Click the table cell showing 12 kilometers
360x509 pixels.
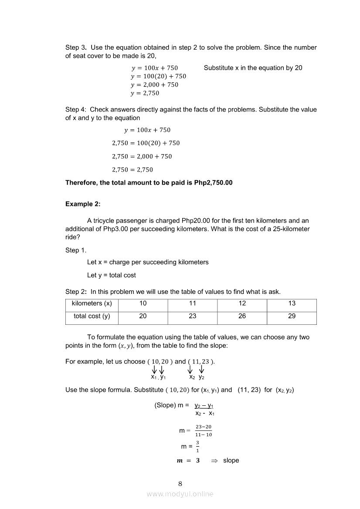pos(242,303)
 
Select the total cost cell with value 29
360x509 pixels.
pos(292,316)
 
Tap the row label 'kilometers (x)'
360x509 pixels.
pos(92,303)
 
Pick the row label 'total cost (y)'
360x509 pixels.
pos(92,316)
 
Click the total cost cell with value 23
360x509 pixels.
pos(193,316)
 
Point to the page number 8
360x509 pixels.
pos(180,483)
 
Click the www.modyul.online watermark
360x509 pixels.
pos(180,494)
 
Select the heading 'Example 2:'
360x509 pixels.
pos(83,204)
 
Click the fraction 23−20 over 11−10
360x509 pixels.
pos(204,431)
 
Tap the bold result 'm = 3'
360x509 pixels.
pos(188,460)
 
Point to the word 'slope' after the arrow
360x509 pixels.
pos(231,460)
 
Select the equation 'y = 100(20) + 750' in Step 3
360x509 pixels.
pos(158,76)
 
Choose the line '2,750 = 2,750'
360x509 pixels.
pos(132,169)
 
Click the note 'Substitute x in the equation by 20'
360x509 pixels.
pos(253,68)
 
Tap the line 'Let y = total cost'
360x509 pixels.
pos(111,275)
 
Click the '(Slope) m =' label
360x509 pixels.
pos(171,405)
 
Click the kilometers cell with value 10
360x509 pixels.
pos(143,303)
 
